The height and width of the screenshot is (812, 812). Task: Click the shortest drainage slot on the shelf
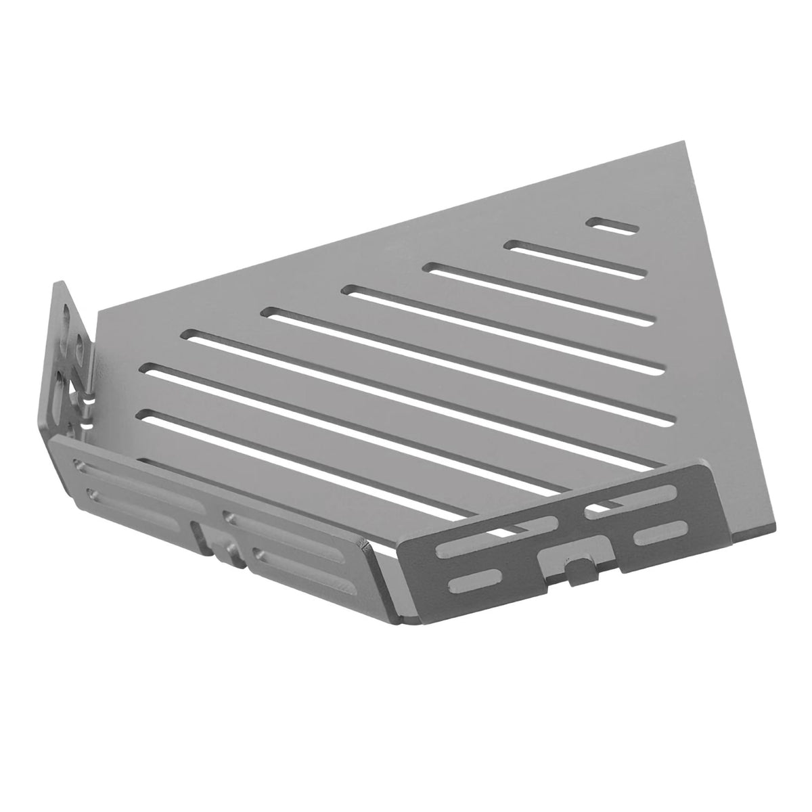pyautogui.click(x=614, y=226)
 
